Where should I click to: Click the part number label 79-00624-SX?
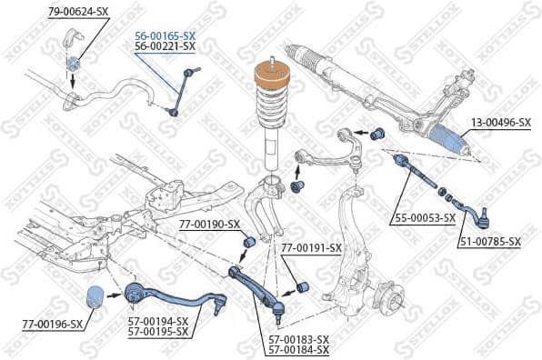coord(79,12)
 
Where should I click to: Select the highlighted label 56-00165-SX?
coord(165,35)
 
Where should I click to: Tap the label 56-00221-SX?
coord(165,45)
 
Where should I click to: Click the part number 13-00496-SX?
coord(499,122)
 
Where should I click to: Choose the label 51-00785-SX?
coord(489,241)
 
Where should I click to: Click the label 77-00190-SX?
coord(208,224)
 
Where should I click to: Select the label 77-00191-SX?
coord(311,247)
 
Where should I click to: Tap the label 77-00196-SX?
coord(51,324)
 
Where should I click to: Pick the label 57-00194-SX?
coord(157,322)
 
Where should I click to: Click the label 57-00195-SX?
coord(157,333)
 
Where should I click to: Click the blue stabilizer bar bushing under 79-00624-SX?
coord(75,63)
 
